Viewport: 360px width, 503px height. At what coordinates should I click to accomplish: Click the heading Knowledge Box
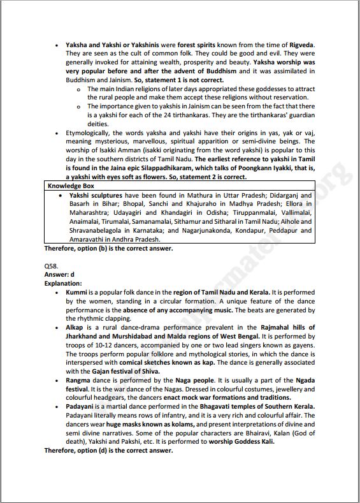71,186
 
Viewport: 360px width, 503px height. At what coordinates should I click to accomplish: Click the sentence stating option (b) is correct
108,248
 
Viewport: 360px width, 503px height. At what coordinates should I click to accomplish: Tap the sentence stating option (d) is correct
108,449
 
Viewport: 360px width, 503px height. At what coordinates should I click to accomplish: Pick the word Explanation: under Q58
63,282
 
